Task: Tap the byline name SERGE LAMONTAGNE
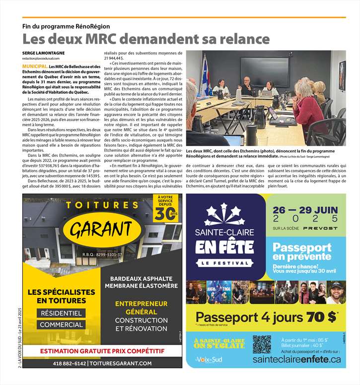(x=44, y=53)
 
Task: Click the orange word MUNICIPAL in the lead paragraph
(x=35, y=65)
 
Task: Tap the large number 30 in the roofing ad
(x=161, y=214)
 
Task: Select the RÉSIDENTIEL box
(x=62, y=313)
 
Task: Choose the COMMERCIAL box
(x=62, y=324)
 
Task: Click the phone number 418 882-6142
(x=69, y=363)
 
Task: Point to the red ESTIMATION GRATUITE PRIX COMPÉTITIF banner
(x=102, y=351)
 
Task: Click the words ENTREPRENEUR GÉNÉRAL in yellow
(x=141, y=307)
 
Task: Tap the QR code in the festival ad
(x=262, y=344)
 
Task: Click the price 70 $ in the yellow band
(x=322, y=317)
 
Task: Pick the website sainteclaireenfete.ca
(x=296, y=359)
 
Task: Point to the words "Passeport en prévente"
(x=302, y=252)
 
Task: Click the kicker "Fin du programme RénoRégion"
(x=66, y=26)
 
